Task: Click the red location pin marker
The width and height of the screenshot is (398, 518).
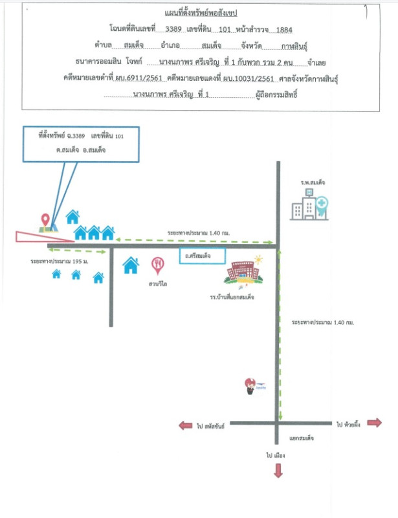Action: [45, 220]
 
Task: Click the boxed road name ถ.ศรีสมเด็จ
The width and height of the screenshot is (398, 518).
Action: [201, 256]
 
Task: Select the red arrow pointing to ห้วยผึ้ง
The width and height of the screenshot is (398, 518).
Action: [374, 423]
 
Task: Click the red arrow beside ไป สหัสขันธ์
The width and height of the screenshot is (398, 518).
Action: [186, 425]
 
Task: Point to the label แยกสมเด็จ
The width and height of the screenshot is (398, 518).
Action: [301, 438]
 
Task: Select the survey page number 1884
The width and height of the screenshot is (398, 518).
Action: [285, 29]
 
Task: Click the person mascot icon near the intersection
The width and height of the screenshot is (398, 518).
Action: [249, 387]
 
